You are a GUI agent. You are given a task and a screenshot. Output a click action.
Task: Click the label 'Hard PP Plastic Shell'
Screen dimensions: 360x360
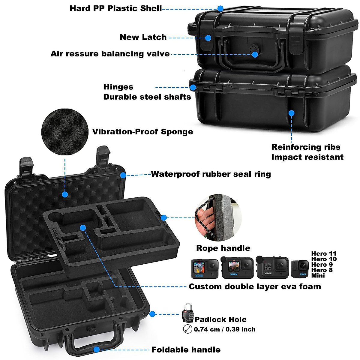tap(115, 8)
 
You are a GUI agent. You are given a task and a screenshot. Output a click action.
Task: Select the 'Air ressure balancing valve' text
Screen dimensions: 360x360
tap(110, 54)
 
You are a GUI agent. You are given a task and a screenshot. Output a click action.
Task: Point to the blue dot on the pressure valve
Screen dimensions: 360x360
tap(255, 54)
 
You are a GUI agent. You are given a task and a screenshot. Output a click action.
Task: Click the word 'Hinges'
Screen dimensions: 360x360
tap(118, 87)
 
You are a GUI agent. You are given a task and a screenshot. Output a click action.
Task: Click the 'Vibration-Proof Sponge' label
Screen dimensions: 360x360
tap(142, 132)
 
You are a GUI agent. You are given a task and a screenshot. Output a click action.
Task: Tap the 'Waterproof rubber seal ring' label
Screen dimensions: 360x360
tap(211, 174)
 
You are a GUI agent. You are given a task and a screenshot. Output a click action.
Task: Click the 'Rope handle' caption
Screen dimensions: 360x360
tap(223, 248)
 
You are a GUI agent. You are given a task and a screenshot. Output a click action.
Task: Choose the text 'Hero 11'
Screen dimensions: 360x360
tap(324, 254)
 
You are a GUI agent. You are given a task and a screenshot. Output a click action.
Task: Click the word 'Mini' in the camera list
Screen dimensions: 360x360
tap(318, 275)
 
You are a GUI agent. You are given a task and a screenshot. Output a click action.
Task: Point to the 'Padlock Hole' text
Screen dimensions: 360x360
tap(220, 319)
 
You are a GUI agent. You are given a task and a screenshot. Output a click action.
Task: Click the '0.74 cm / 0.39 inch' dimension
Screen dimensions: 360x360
tap(225, 329)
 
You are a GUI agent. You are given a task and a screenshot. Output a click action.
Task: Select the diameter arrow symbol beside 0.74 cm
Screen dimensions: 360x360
tap(187, 329)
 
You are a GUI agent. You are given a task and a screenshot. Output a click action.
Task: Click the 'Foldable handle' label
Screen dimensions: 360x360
tap(186, 350)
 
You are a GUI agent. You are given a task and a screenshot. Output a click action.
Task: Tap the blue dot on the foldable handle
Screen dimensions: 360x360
tap(96, 349)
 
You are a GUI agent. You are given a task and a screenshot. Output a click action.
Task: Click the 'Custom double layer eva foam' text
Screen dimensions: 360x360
tap(255, 286)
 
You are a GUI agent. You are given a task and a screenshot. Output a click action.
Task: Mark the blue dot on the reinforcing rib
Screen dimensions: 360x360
tap(291, 113)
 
